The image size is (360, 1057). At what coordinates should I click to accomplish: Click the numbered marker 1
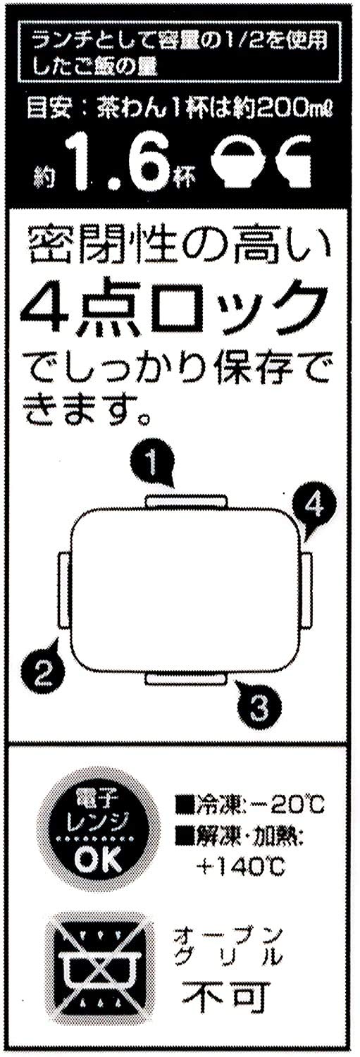point(153,464)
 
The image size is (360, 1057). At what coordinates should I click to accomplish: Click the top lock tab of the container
point(187,500)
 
